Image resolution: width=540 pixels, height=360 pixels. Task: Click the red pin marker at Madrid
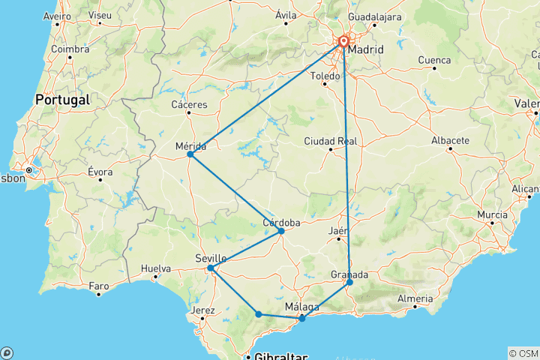pyautogui.click(x=343, y=42)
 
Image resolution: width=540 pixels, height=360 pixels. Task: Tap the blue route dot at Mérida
pyautogui.click(x=190, y=154)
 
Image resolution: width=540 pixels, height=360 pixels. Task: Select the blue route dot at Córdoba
pyautogui.click(x=281, y=231)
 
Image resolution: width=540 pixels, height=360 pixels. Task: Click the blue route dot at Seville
pyautogui.click(x=211, y=268)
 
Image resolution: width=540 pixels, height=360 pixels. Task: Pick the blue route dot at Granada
pyautogui.click(x=349, y=283)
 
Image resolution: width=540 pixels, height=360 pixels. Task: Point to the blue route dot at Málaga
pyautogui.click(x=302, y=319)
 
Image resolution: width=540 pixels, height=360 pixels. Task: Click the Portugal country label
pyautogui.click(x=63, y=99)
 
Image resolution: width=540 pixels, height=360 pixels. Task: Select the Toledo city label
pyautogui.click(x=325, y=76)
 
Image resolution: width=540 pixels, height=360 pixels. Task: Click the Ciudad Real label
pyautogui.click(x=331, y=140)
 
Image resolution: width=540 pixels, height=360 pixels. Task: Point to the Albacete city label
pyautogui.click(x=451, y=140)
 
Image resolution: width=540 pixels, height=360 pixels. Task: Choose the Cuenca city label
pyautogui.click(x=435, y=60)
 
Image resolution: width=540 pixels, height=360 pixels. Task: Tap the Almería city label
pyautogui.click(x=414, y=299)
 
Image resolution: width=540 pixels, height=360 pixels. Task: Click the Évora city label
pyautogui.click(x=100, y=172)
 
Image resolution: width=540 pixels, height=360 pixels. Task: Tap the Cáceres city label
pyautogui.click(x=188, y=104)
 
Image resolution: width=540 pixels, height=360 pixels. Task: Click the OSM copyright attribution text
pyautogui.click(x=523, y=353)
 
